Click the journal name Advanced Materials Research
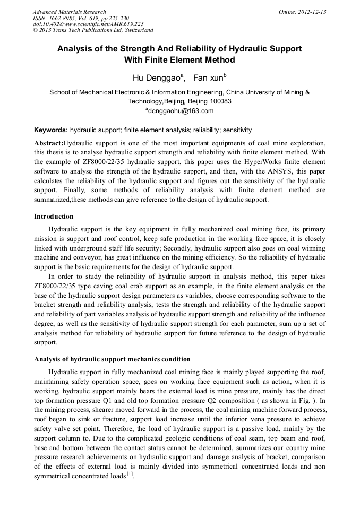[x=69, y=12]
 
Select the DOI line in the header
[x=88, y=24]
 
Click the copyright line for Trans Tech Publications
[x=93, y=31]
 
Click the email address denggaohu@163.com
[x=181, y=111]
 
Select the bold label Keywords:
[x=51, y=130]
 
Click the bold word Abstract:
[x=48, y=143]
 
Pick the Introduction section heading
[x=54, y=217]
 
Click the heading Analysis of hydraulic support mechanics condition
[x=112, y=359]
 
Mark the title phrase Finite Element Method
[x=179, y=60]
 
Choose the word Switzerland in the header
[x=135, y=31]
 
